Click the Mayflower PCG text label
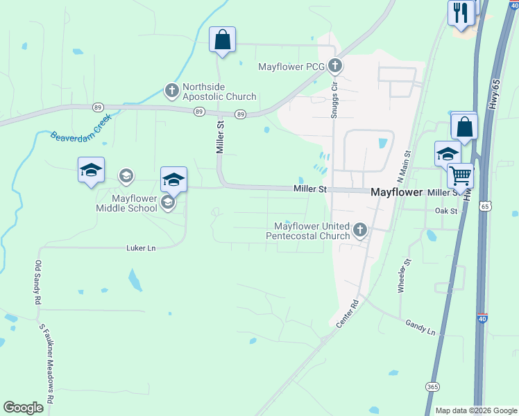(291, 67)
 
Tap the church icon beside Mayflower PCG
(335, 67)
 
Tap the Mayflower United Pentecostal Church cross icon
(359, 229)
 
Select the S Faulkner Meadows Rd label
(46, 365)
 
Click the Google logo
(24, 408)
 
